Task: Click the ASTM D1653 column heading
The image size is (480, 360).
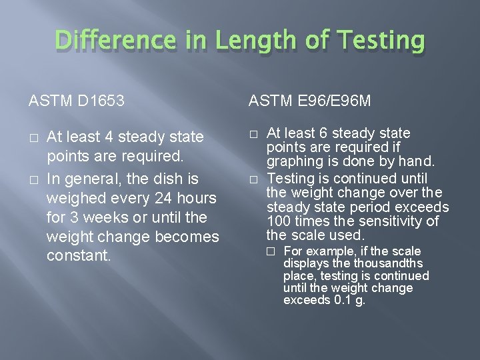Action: [77, 101]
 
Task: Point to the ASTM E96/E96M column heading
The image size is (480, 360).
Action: [309, 101]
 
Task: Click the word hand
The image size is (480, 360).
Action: [417, 161]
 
